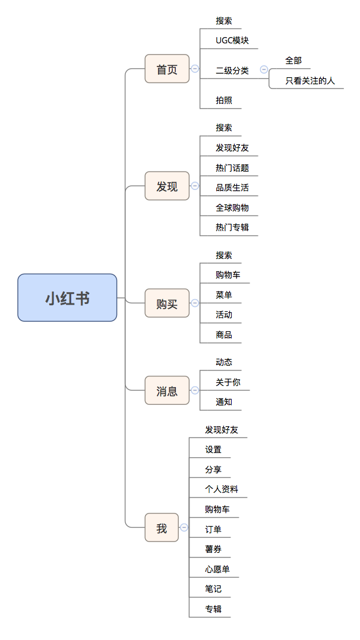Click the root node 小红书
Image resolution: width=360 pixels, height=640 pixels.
pyautogui.click(x=67, y=297)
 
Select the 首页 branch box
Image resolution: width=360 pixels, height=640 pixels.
pyautogui.click(x=167, y=69)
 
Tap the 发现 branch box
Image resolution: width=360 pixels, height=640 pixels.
pyautogui.click(x=167, y=186)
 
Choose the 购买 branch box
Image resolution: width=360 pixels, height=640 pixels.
pyautogui.click(x=167, y=303)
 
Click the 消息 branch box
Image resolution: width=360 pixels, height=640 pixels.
pyautogui.click(x=167, y=391)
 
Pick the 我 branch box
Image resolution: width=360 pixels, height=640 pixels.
pyautogui.click(x=162, y=528)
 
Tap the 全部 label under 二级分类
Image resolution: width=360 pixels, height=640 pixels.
pyautogui.click(x=293, y=61)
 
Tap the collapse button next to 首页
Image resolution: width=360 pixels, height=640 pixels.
pyautogui.click(x=194, y=69)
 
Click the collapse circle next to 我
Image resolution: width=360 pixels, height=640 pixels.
pyautogui.click(x=184, y=527)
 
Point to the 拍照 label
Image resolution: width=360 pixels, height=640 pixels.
pyautogui.click(x=224, y=100)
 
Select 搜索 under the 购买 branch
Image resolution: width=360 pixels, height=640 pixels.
pyautogui.click(x=224, y=255)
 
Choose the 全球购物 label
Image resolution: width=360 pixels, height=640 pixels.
pyautogui.click(x=232, y=207)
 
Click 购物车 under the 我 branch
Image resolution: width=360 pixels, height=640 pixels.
pyautogui.click(x=217, y=509)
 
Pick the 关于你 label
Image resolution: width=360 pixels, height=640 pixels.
pyautogui.click(x=228, y=382)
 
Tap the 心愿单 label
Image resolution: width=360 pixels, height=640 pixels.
pyautogui.click(x=217, y=569)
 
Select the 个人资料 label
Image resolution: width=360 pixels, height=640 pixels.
pyautogui.click(x=221, y=489)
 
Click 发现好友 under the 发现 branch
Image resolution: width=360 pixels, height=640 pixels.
pyautogui.click(x=232, y=147)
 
